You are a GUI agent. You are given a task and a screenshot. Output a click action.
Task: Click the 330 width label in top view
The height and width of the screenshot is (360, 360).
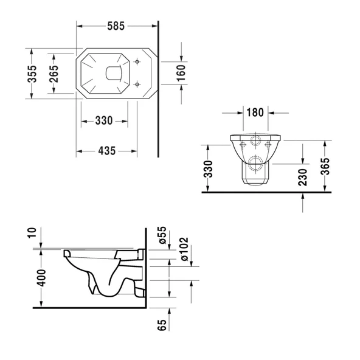pos(104,120)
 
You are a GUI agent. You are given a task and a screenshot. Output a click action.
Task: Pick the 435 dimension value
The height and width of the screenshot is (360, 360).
pos(106,151)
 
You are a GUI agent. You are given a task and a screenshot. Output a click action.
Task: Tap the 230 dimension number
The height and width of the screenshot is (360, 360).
pos(302,176)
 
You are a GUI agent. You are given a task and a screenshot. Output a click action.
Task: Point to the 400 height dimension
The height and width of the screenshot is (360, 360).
pos(41,279)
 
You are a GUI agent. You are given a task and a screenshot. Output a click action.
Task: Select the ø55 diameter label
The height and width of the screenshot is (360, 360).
pos(162,237)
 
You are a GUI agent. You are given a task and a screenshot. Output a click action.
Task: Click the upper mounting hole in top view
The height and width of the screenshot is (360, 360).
pos(139,61)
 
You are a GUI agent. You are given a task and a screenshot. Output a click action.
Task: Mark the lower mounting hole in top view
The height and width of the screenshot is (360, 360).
pos(139,85)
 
